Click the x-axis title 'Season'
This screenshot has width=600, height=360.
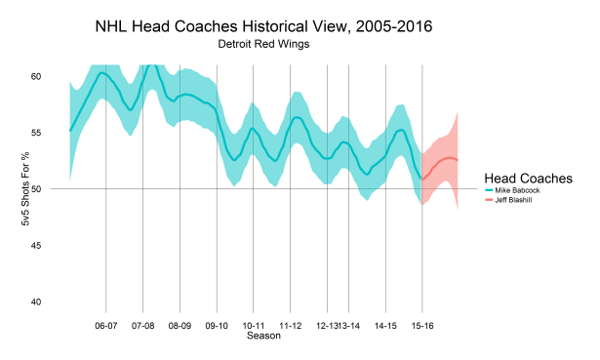(263, 336)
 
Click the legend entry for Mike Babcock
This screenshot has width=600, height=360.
(524, 190)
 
